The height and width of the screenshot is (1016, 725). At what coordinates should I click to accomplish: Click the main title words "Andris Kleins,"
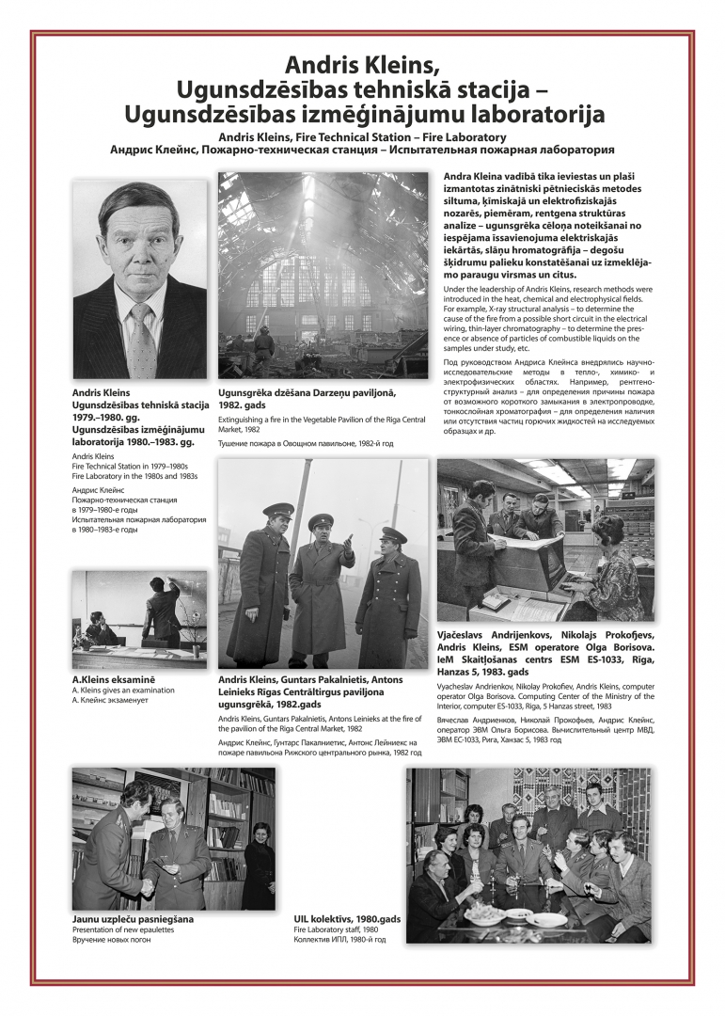coord(362,65)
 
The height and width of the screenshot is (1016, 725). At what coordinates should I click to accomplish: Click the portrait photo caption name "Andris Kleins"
coord(102,392)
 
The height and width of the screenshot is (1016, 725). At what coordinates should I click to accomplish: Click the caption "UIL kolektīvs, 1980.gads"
coord(347,918)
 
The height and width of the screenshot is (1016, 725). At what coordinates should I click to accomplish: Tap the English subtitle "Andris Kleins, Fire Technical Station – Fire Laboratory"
coord(362,136)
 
